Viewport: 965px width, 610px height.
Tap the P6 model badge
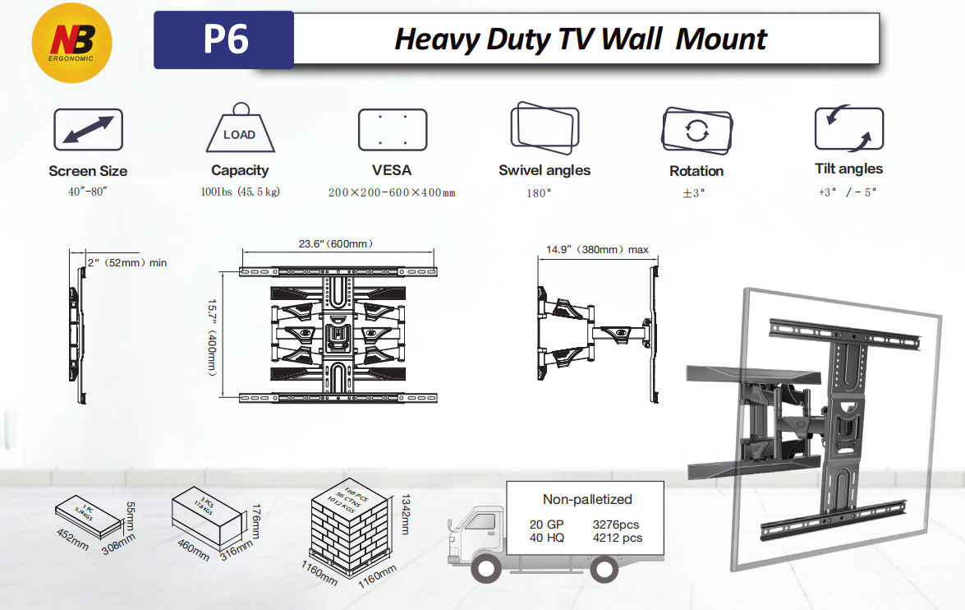point(224,39)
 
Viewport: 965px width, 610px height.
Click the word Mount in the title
point(721,39)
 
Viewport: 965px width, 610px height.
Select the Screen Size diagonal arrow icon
point(88,130)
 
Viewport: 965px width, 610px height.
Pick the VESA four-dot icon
point(392,129)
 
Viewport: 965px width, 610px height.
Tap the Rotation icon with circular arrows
point(696,130)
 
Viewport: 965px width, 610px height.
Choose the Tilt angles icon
point(848,129)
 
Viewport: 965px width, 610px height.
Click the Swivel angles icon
point(545,127)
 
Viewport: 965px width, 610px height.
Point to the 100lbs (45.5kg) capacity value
point(239,192)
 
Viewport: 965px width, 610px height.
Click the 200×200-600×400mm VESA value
point(392,192)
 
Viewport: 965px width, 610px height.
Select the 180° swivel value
point(539,193)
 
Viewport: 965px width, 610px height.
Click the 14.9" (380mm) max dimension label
point(597,249)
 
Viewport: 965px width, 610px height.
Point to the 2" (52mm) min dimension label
point(126,262)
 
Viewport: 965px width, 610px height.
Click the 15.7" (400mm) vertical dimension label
point(213,336)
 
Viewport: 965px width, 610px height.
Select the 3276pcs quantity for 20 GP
point(615,524)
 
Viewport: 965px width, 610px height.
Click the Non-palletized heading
point(587,499)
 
